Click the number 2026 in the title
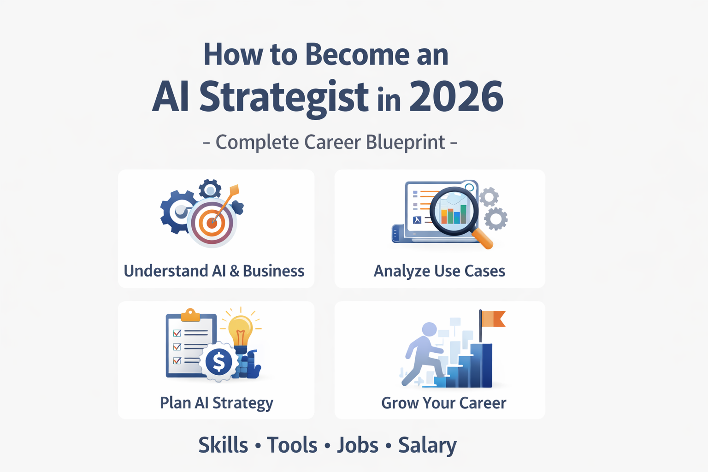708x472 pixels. pos(456,96)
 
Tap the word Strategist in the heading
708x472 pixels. pos(283,97)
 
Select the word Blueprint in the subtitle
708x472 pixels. pos(406,142)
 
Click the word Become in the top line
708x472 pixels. pos(357,54)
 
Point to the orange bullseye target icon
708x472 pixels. pos(212,223)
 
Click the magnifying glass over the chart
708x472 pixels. pos(454,211)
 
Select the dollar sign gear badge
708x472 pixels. pos(218,361)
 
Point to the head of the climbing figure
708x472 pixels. pos(429,329)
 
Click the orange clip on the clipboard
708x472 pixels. pos(190,316)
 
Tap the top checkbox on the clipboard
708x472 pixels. pos(177,333)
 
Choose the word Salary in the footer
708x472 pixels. pos(427,445)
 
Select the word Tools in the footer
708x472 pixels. pos(292,445)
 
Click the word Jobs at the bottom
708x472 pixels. pos(358,445)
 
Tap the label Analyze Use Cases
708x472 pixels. pos(439,271)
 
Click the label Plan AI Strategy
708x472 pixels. pos(216,403)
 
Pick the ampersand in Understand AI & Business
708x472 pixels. pos(234,271)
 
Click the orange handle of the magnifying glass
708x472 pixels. pos(483,239)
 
